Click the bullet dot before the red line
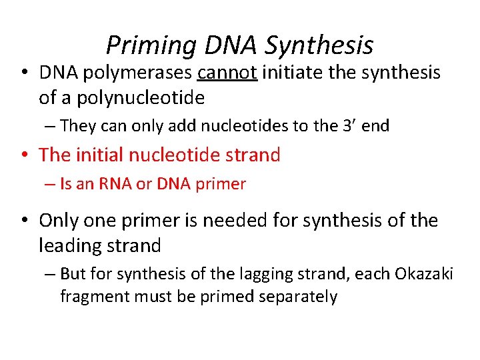pos(25,155)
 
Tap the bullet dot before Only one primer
pos(25,221)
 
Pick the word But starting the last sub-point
pos(71,273)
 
